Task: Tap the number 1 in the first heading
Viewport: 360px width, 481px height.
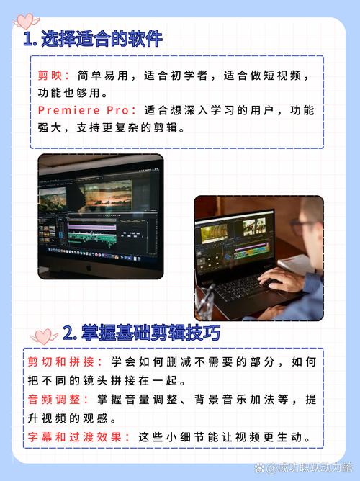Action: point(27,40)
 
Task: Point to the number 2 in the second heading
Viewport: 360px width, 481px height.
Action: point(69,333)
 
